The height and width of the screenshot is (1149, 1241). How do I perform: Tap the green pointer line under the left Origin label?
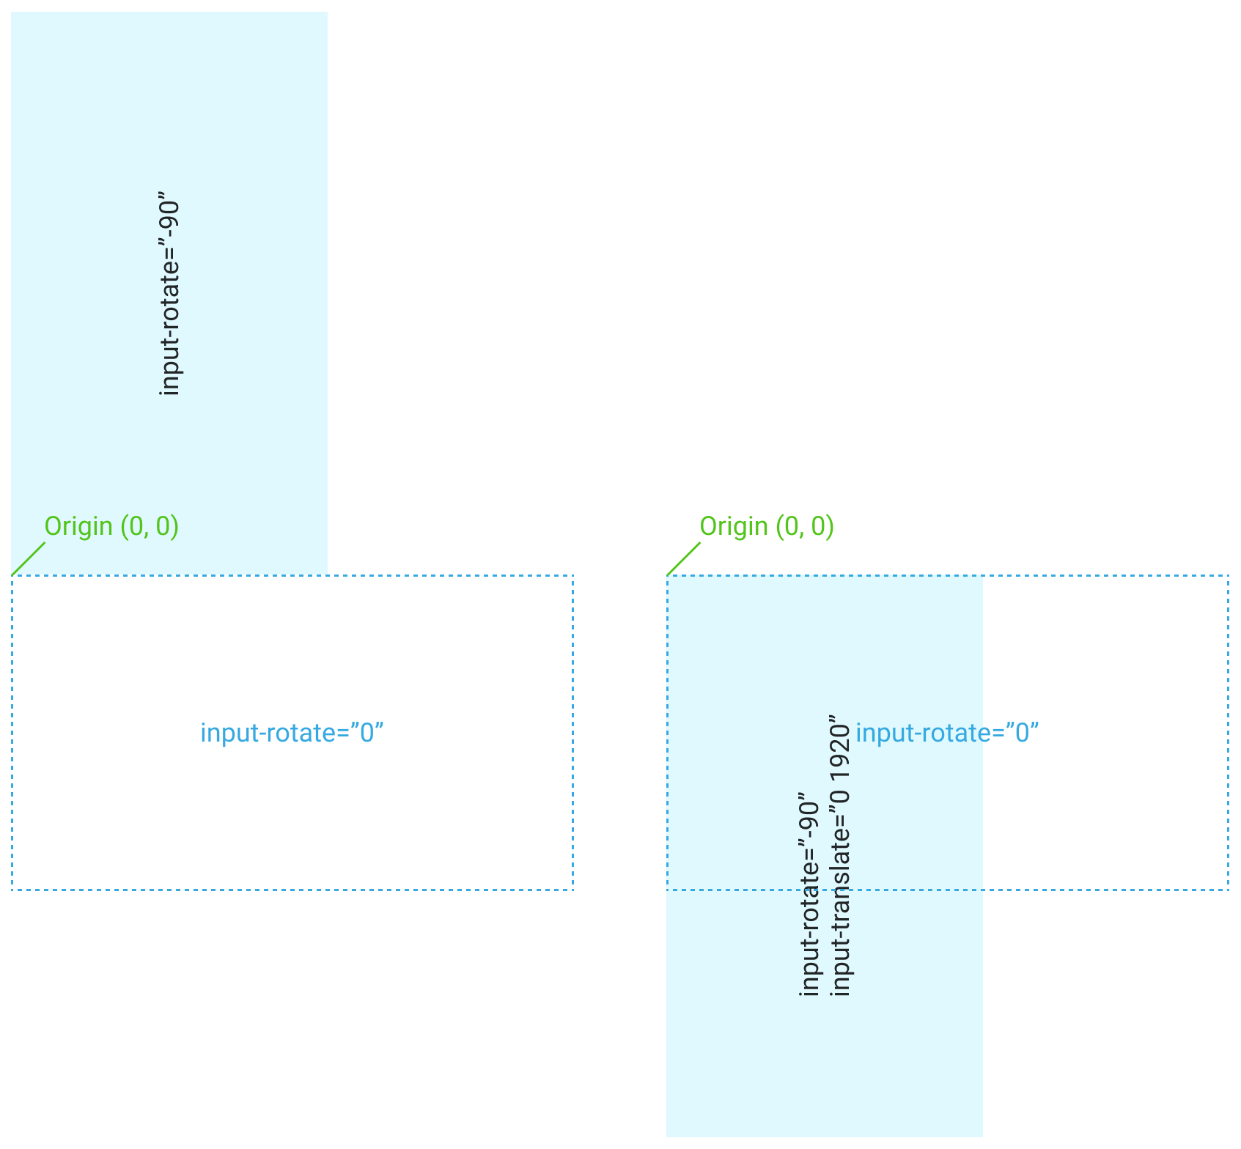pos(29,558)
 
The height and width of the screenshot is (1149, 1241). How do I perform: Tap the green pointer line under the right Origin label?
pos(684,558)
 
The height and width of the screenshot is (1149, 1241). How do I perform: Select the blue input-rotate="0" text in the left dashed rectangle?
pos(292,733)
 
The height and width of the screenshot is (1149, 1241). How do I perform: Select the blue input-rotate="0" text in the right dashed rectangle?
pos(947,733)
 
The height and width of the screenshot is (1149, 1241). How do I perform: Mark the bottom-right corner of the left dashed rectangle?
pos(572,890)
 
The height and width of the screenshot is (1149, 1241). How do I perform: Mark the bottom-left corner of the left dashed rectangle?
pos(12,890)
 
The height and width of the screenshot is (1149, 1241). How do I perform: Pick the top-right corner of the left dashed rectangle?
pos(572,576)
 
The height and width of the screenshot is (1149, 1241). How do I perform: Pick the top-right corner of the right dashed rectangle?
pos(1228,576)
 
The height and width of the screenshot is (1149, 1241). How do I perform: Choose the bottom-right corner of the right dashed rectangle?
pos(1228,890)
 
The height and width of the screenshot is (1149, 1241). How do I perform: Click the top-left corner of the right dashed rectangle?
pos(667,576)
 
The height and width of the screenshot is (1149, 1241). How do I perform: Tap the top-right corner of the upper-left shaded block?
pos(327,12)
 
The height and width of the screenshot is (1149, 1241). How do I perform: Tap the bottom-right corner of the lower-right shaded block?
pos(982,1136)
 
